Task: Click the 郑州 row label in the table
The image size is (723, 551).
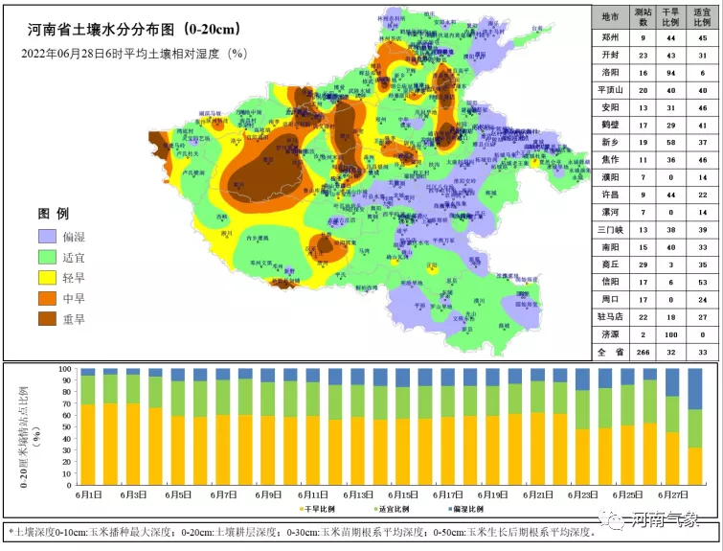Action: pyautogui.click(x=609, y=37)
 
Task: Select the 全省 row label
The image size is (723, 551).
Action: pyautogui.click(x=609, y=354)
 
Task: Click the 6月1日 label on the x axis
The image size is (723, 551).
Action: pyautogui.click(x=88, y=494)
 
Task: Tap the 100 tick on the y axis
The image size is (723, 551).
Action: pyautogui.click(x=66, y=369)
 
